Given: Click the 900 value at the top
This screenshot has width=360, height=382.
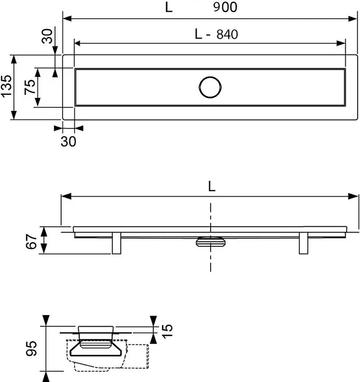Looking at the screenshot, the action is pos(225,7).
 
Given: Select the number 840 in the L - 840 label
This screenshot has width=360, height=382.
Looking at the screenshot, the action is pos(227,34).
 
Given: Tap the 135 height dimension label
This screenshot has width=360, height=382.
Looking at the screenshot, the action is pos(7,86).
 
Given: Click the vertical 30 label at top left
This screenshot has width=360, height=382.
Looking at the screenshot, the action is pos(47,36).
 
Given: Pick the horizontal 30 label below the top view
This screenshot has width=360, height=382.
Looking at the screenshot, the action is pos(68,141).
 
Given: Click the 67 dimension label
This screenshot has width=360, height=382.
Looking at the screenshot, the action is pos(31,241).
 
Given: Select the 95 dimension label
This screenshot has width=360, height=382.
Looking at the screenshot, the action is pos(32,349).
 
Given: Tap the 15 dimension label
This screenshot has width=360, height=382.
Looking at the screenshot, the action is pos(167,331).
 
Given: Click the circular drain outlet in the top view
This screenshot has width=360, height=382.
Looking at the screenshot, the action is pos(210,87).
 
